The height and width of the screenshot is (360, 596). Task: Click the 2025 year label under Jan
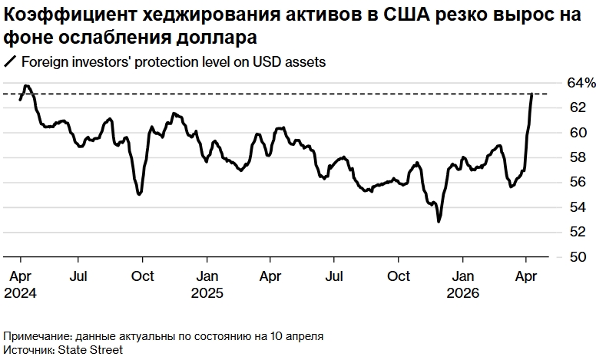click(x=207, y=293)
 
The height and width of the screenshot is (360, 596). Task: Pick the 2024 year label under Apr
click(x=20, y=293)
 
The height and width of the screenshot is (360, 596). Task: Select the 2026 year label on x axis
click(x=463, y=293)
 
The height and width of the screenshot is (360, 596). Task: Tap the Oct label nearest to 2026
click(x=398, y=276)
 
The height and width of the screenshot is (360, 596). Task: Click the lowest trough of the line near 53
click(x=439, y=222)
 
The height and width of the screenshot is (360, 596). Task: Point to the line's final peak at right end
click(x=532, y=94)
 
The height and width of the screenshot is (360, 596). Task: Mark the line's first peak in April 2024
click(x=26, y=86)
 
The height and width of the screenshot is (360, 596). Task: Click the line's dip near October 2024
click(x=139, y=194)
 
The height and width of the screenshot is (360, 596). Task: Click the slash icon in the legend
click(x=10, y=63)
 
